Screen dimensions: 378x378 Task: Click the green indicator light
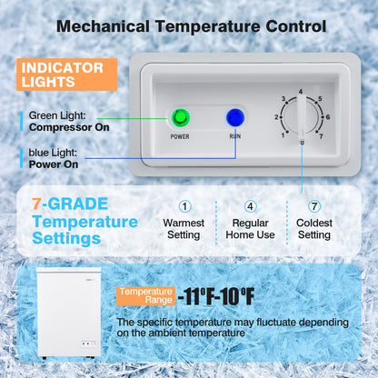[x=178, y=117]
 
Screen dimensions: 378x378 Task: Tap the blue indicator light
[x=235, y=117]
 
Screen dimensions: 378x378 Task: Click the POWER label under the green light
[x=179, y=137]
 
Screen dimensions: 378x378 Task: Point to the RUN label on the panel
[x=235, y=137]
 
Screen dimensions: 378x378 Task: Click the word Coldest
[x=314, y=222]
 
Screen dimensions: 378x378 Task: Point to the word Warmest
[x=185, y=222]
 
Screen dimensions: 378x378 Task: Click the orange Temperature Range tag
[x=144, y=294]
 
